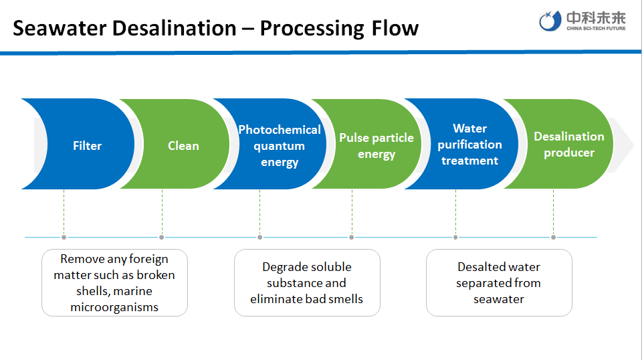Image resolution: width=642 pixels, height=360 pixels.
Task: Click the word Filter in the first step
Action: click(x=88, y=146)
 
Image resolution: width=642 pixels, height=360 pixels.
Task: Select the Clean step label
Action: click(x=183, y=146)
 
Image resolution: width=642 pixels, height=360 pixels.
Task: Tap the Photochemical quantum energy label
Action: click(x=280, y=146)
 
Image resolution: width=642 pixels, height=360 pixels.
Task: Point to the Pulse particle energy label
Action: click(x=377, y=146)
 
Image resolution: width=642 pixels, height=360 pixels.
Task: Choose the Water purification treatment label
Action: click(x=469, y=145)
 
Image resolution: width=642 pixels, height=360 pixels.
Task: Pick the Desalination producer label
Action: click(x=568, y=145)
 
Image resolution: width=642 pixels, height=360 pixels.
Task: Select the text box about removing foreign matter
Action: click(x=114, y=282)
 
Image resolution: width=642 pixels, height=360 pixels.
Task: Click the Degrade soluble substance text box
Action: click(x=307, y=282)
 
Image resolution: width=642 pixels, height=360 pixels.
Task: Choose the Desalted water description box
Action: click(x=499, y=282)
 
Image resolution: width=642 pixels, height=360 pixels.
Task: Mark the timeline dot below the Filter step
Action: click(x=64, y=237)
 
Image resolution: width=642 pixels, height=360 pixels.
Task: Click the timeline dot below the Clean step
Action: click(x=162, y=237)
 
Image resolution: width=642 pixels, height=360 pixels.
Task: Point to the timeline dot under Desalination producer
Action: click(x=553, y=237)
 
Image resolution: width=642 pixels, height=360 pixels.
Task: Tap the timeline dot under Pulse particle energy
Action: click(x=351, y=237)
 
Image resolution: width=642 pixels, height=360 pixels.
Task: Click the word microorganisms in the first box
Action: click(x=114, y=307)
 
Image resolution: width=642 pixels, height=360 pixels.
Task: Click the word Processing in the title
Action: click(x=309, y=28)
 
